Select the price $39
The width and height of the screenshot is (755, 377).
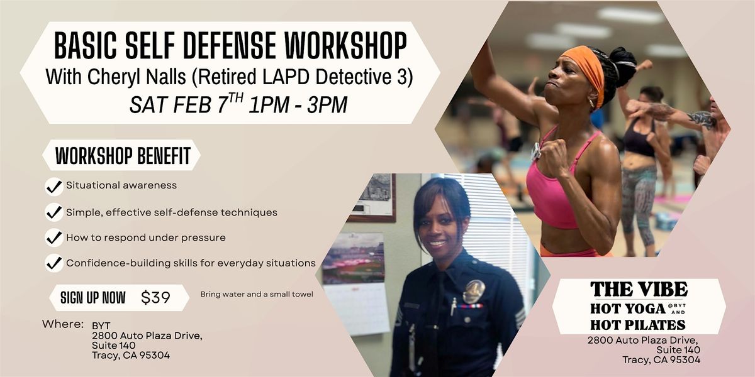(155, 297)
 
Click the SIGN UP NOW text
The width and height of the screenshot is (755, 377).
(92, 298)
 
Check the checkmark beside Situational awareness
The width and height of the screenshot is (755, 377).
(54, 187)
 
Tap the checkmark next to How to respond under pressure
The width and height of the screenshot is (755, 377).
(54, 238)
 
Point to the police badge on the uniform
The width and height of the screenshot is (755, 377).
(474, 291)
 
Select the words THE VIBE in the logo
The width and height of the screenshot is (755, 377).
(639, 289)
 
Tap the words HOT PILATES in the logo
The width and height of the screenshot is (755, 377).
(638, 324)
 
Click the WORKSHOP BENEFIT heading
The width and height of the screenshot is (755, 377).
(123, 156)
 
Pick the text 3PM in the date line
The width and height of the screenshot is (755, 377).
(327, 105)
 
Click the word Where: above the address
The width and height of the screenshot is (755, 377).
(63, 324)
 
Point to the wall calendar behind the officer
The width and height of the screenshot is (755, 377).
(357, 308)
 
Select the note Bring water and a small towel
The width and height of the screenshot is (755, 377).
(257, 294)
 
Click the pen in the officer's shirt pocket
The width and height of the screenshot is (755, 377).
(454, 307)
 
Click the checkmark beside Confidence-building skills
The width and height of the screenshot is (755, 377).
(54, 263)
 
